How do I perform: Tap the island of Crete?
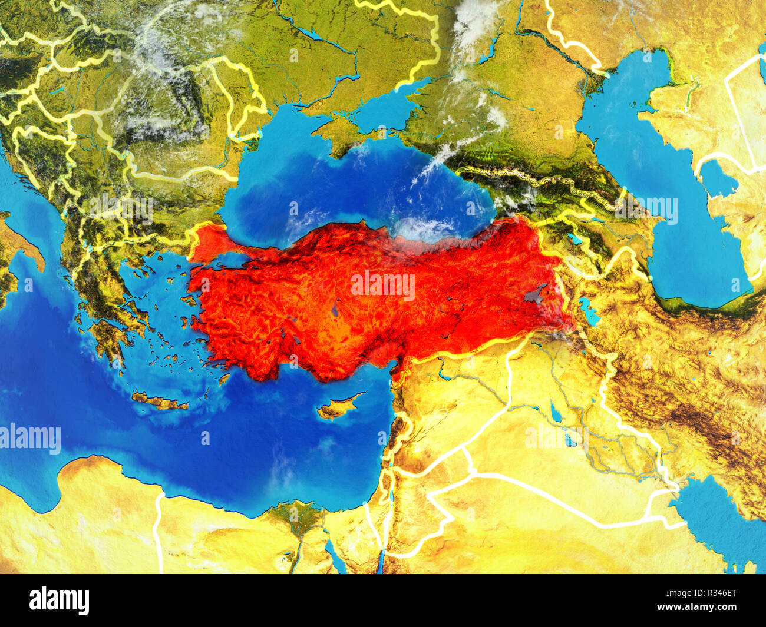pos(159,401)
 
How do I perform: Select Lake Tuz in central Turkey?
pos(335,309)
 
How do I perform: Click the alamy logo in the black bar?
pos(59,601)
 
